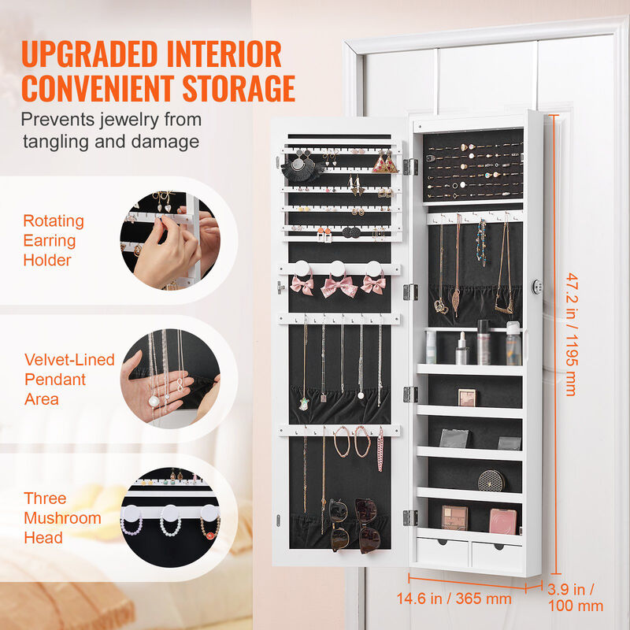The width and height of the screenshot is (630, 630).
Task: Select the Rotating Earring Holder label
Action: click(x=54, y=240)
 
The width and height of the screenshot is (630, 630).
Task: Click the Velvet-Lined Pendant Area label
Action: click(x=69, y=380)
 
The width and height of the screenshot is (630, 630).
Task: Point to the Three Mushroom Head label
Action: click(x=62, y=518)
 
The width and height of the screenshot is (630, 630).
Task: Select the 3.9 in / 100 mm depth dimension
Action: click(x=576, y=598)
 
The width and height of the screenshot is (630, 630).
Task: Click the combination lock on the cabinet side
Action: click(x=537, y=286)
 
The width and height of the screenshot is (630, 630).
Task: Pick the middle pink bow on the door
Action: click(x=339, y=285)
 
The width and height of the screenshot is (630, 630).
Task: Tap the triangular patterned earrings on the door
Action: click(x=385, y=164)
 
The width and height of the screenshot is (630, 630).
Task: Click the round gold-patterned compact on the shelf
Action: click(x=489, y=479)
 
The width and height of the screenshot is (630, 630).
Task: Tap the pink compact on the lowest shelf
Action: click(x=502, y=520)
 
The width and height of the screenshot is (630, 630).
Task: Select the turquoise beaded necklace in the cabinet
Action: click(x=480, y=243)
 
